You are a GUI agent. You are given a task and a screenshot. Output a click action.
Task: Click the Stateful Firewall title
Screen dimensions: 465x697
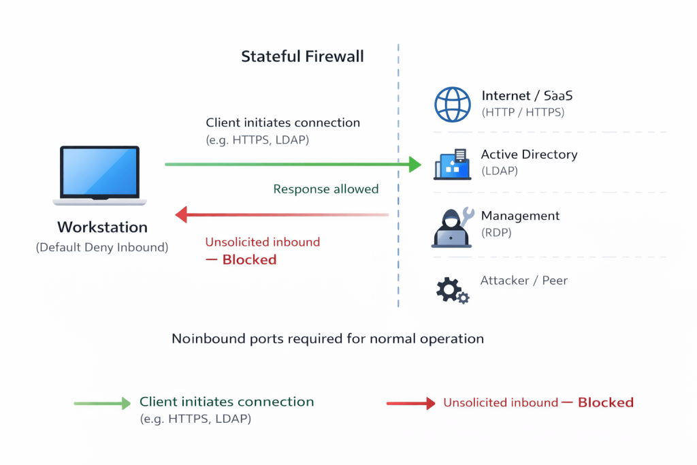[302, 57]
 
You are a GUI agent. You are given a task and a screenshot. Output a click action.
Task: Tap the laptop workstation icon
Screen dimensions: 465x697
[100, 175]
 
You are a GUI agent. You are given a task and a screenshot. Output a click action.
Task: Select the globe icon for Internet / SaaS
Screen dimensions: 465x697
[453, 104]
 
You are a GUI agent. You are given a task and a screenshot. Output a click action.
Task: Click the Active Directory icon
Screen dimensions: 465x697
[452, 165]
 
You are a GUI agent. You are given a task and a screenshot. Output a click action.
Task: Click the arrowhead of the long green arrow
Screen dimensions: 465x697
[415, 164]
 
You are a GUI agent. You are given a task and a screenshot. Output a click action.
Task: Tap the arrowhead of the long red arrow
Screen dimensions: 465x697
[182, 216]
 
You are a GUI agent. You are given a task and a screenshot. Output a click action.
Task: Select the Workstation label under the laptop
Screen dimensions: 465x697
[102, 227]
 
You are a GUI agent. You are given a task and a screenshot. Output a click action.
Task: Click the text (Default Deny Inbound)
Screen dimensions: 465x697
[102, 247]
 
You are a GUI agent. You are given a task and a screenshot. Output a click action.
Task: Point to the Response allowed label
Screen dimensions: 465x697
[326, 189]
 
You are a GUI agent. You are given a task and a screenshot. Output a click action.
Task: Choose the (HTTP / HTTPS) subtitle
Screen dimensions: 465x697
[523, 112]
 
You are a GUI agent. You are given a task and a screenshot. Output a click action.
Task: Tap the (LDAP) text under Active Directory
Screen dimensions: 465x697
[500, 171]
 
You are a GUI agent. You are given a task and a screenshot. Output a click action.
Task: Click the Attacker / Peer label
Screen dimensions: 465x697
[524, 280]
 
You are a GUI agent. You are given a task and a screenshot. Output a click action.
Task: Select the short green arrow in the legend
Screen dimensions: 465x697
[102, 404]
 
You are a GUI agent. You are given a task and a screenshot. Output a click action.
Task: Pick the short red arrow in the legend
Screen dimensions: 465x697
[410, 404]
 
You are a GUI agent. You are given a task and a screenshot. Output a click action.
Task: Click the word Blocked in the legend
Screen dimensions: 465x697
[606, 402]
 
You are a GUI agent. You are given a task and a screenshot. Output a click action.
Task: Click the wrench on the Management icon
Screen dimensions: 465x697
[467, 217]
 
